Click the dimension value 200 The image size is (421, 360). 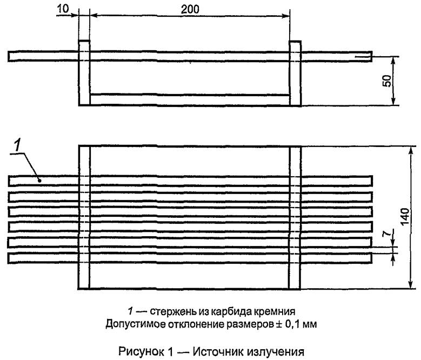[x=189, y=9]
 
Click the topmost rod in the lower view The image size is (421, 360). [x=189, y=180]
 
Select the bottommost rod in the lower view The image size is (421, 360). [x=189, y=258]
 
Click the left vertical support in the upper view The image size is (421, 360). [x=84, y=73]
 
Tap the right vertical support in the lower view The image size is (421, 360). [x=295, y=216]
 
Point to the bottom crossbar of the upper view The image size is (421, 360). [x=189, y=99]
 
